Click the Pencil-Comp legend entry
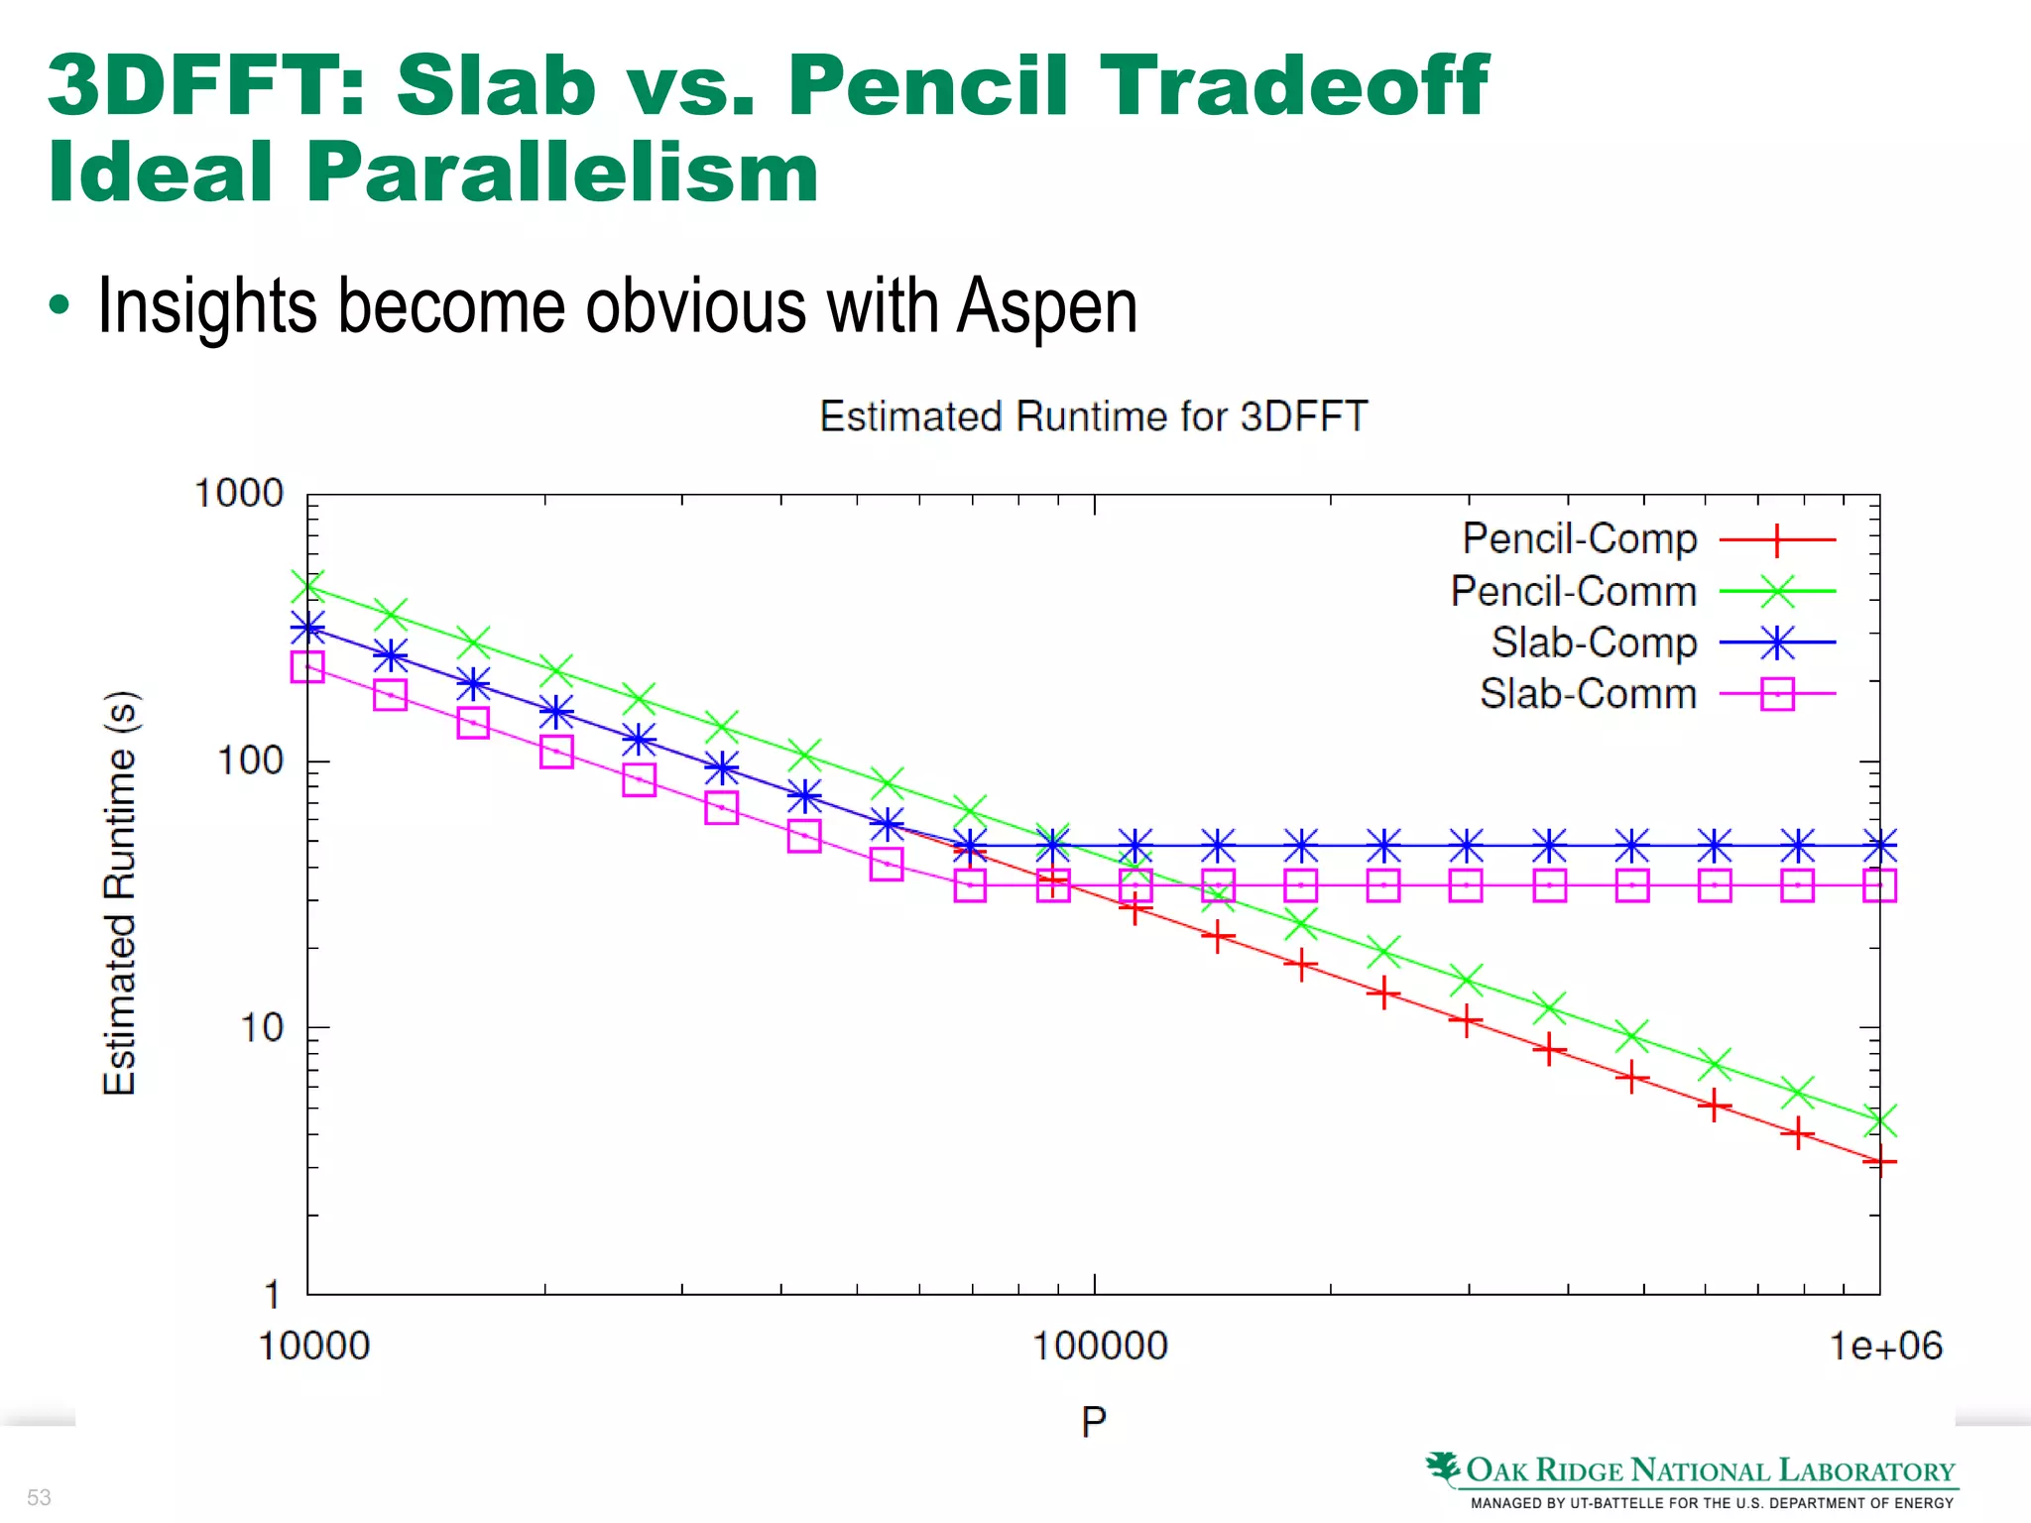(x=1579, y=538)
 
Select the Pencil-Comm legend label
(x=1573, y=591)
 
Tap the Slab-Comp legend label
(x=1594, y=643)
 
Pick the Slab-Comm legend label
(x=1588, y=694)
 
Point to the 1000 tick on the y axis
(x=239, y=493)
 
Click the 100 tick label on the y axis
(x=250, y=761)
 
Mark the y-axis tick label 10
(x=262, y=1027)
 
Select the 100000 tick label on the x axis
(x=1100, y=1346)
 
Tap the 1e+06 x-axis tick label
(x=1885, y=1346)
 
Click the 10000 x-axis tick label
(x=313, y=1346)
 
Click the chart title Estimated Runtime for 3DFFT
(x=1093, y=416)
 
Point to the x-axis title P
(x=1093, y=1422)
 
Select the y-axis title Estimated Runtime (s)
(x=120, y=892)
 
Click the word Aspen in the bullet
(x=1046, y=305)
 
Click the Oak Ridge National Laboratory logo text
(x=1709, y=1470)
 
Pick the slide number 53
(x=39, y=1497)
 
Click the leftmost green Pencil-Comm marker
(x=307, y=586)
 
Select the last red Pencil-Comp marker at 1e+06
(x=1879, y=1160)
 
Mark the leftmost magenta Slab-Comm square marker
(x=307, y=666)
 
